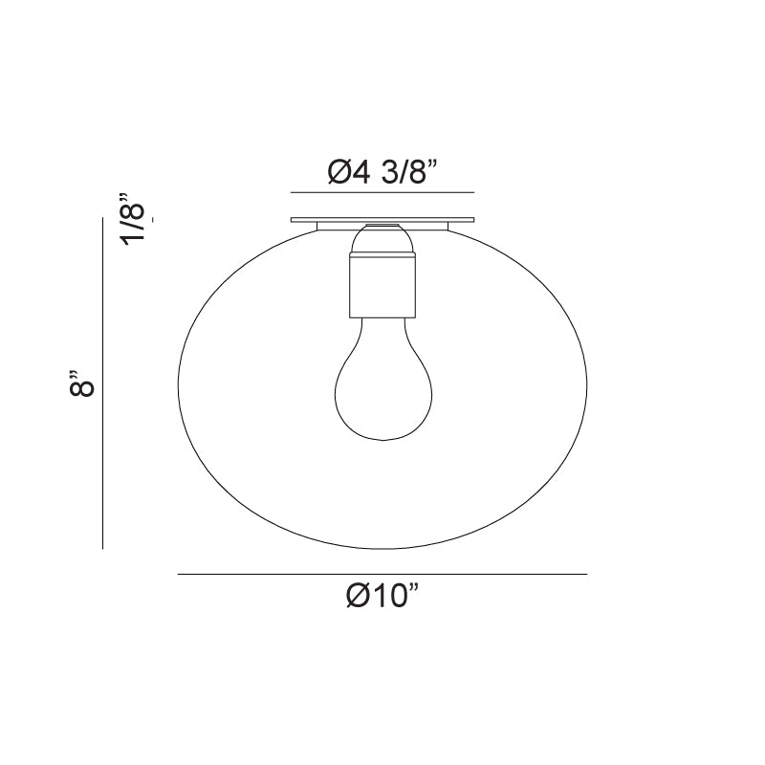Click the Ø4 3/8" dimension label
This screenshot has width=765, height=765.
382,172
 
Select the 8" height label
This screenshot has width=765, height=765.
81,383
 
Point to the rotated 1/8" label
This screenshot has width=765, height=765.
133,219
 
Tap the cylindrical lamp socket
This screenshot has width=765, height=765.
383,285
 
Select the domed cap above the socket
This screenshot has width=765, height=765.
383,238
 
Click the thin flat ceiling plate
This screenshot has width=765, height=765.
382,220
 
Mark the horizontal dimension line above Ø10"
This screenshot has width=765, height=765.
382,575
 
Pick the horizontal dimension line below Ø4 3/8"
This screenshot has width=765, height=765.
382,193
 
